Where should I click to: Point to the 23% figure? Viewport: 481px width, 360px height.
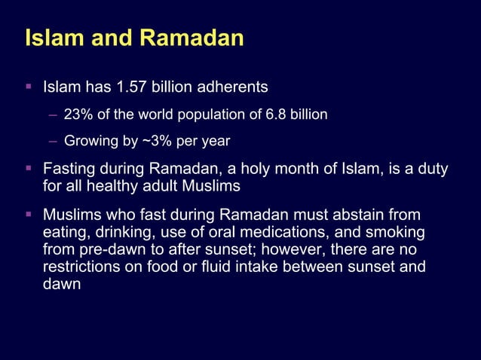(77, 115)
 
